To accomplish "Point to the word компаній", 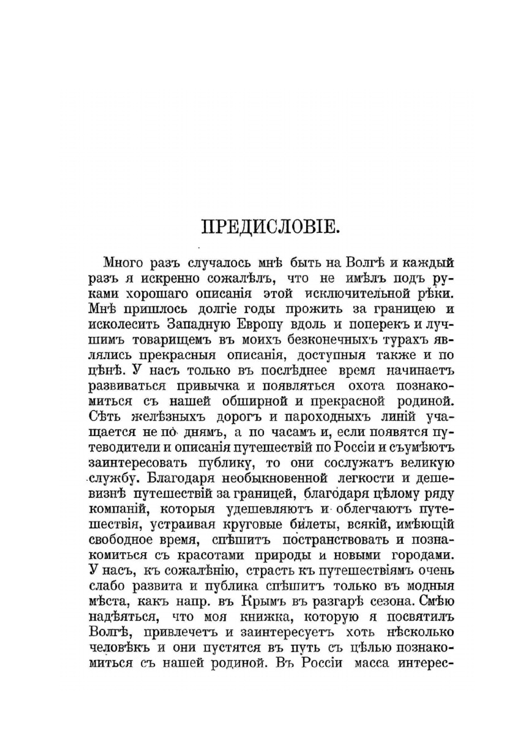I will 118,509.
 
